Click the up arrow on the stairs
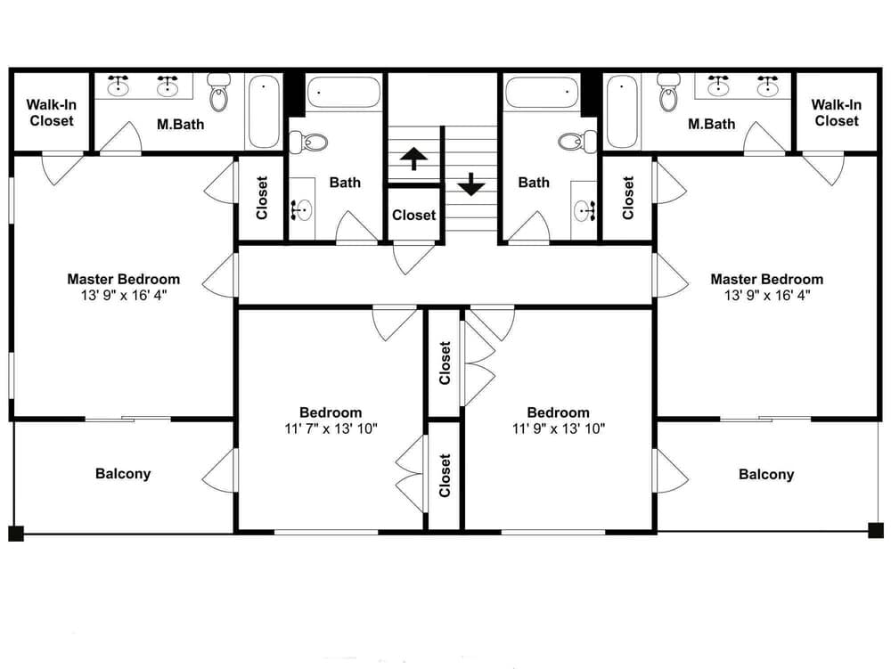[413, 159]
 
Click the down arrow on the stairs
[471, 184]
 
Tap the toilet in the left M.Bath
[219, 92]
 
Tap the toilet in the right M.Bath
[669, 92]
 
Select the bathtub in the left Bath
[343, 92]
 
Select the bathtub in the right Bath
[542, 92]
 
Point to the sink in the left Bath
[302, 209]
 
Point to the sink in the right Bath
[584, 210]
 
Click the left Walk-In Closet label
[51, 112]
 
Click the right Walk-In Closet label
[837, 112]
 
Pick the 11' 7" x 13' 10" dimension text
[331, 428]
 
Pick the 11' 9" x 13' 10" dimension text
[559, 428]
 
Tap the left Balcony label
[123, 474]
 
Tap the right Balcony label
[766, 474]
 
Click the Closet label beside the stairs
[413, 215]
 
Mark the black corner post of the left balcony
[16, 534]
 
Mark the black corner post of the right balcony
[876, 530]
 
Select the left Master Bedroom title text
[123, 279]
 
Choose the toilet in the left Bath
[309, 142]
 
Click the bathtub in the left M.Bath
[264, 111]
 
